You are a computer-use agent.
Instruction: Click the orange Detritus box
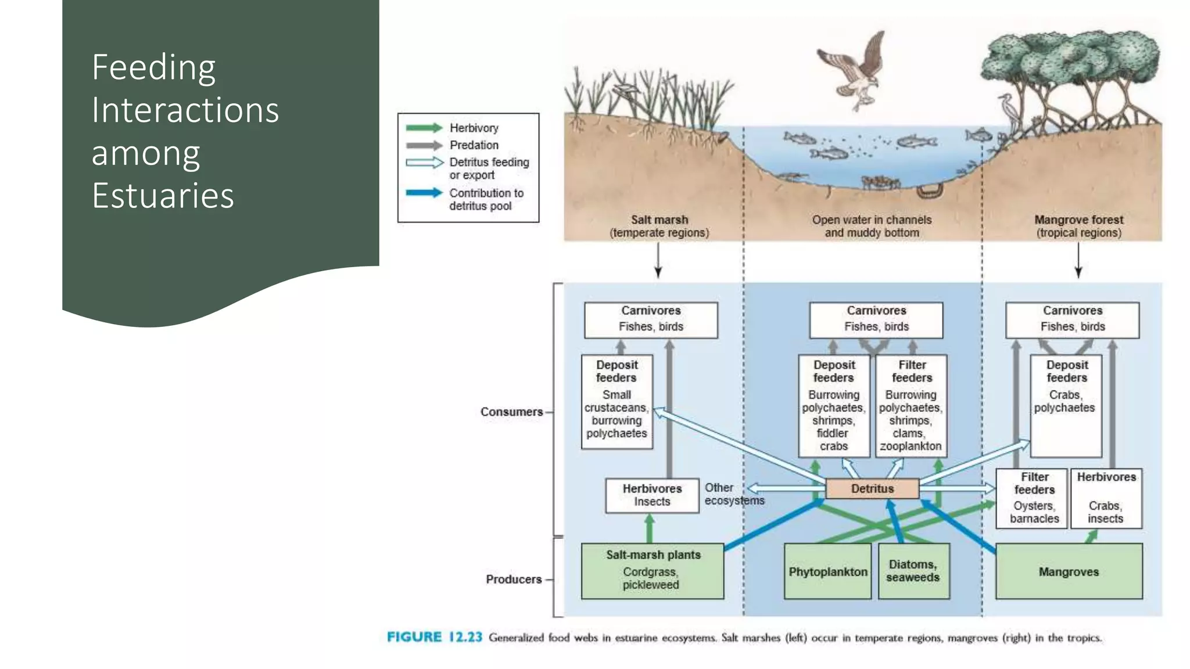872,488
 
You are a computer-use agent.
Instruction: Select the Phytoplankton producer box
827,571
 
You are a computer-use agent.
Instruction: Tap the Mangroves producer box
1069,571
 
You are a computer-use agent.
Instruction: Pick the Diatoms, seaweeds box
913,571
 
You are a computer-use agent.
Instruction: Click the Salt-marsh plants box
653,570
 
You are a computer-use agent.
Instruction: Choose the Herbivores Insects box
652,495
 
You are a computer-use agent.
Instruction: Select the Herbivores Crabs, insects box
1106,498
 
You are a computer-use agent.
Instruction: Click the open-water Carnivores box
876,319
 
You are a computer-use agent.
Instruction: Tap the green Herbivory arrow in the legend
424,128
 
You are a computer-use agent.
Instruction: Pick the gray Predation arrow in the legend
424,145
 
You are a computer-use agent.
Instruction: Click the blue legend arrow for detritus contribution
424,193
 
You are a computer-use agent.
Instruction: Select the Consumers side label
511,412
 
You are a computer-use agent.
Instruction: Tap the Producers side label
514,579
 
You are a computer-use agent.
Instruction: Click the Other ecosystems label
733,494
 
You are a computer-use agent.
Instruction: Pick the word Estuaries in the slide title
163,195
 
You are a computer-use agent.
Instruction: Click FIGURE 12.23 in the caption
435,637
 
